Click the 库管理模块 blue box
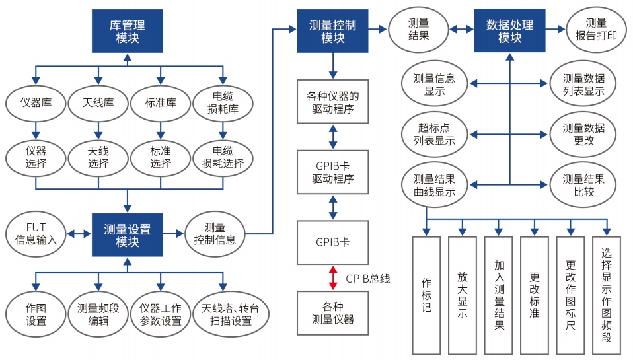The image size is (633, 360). pos(127,31)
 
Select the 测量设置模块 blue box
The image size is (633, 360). pos(127,234)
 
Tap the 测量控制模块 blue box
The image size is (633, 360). pos(332,31)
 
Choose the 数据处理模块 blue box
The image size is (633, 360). pos(509,31)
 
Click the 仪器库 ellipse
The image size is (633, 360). pos(36,103)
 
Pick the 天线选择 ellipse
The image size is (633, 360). pos(98,157)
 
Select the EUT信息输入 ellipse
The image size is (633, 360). pos(36,234)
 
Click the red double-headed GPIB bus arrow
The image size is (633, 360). pos(333,277)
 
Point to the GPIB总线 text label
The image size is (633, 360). pos(367,278)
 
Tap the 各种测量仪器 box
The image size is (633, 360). pos(333,313)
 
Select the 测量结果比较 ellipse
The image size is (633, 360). pos(583,184)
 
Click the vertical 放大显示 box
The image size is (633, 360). pos(462,295)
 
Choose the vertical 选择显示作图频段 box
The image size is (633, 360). pos(607,295)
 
